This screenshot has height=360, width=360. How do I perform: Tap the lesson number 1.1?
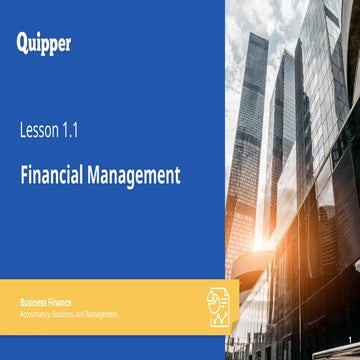tap(68, 129)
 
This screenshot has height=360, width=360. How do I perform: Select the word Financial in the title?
tap(53, 175)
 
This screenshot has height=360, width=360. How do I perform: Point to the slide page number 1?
tap(349, 338)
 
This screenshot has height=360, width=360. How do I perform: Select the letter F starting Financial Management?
tap(24, 175)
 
